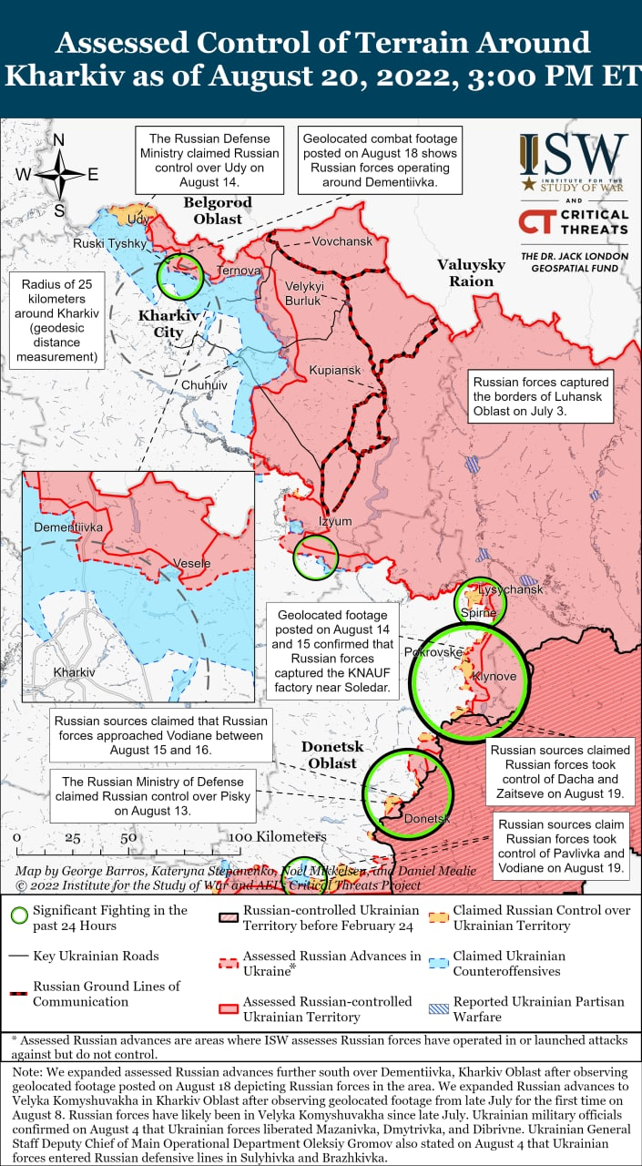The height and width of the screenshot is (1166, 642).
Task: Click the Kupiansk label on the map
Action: [334, 371]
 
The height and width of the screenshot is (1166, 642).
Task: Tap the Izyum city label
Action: [334, 521]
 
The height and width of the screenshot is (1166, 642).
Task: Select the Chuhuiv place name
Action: [204, 385]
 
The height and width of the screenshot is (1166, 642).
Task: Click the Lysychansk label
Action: [511, 590]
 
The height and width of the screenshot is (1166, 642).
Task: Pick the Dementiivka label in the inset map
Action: [68, 527]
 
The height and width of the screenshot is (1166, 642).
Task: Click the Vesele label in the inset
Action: [191, 563]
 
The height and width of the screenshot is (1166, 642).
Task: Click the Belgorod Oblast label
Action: [218, 210]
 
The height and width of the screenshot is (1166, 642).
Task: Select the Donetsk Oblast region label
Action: [331, 754]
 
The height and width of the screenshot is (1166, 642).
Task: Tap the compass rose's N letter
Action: [59, 140]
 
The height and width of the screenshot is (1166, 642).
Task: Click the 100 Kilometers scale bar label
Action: [277, 836]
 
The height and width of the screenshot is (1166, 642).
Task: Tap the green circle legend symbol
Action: [17, 917]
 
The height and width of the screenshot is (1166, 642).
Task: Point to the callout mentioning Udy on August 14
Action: [209, 159]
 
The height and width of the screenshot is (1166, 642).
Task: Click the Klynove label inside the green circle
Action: [494, 677]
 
